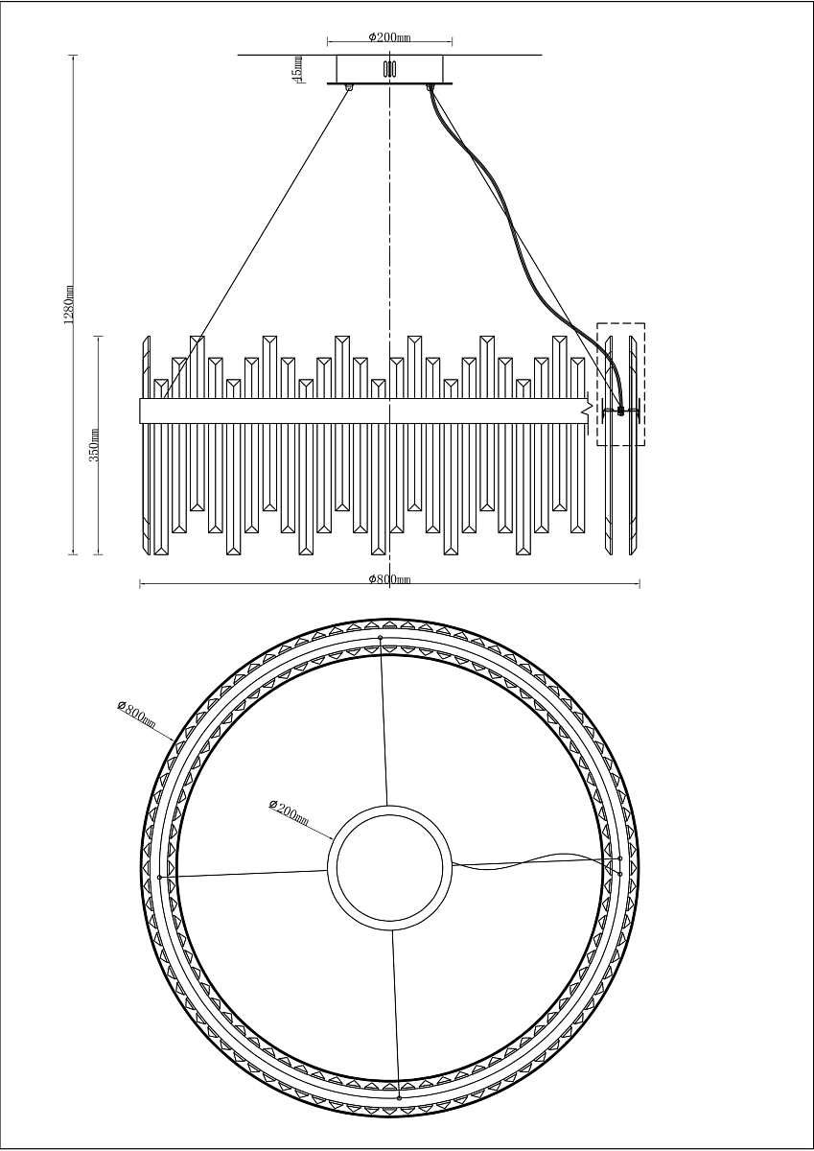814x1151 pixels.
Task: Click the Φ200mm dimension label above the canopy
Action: [x=389, y=37]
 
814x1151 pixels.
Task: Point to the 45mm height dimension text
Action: [x=298, y=69]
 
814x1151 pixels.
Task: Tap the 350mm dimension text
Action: [x=94, y=445]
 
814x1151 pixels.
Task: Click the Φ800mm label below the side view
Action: [x=389, y=578]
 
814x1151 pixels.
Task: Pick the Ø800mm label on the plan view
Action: [x=137, y=714]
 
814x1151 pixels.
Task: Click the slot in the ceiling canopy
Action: [x=389, y=69]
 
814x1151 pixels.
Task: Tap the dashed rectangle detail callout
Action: [x=621, y=384]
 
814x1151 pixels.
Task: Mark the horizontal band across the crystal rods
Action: [x=364, y=411]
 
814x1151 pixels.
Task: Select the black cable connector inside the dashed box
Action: [x=621, y=411]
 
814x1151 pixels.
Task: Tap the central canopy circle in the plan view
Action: [x=388, y=866]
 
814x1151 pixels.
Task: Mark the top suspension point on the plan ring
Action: [x=381, y=637]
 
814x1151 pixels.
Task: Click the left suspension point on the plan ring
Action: [x=159, y=877]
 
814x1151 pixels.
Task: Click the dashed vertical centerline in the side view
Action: [x=389, y=240]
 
